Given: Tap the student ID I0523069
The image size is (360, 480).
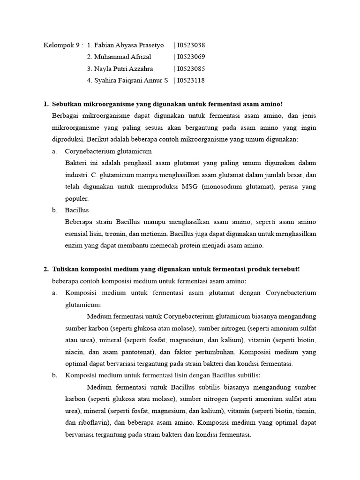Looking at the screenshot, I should tap(191, 57).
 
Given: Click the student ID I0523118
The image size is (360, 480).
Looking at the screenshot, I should tap(191, 81).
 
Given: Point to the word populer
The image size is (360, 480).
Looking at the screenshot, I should tap(76, 198).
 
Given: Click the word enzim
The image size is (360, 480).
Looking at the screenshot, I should tap(74, 245).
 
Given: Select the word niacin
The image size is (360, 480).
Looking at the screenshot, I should tap(75, 352).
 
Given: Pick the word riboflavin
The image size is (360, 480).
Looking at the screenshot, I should tap(88, 423).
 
